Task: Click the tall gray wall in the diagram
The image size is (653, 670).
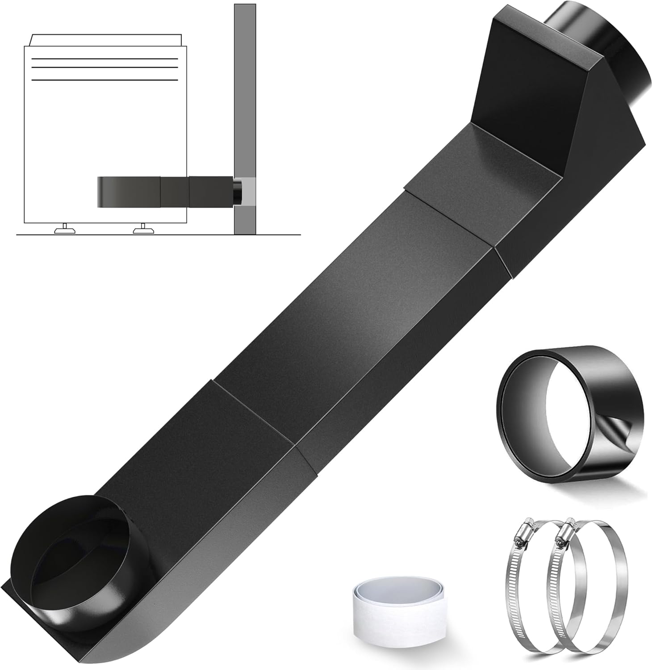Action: [245, 89]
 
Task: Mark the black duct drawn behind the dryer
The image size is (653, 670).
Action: [165, 191]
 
